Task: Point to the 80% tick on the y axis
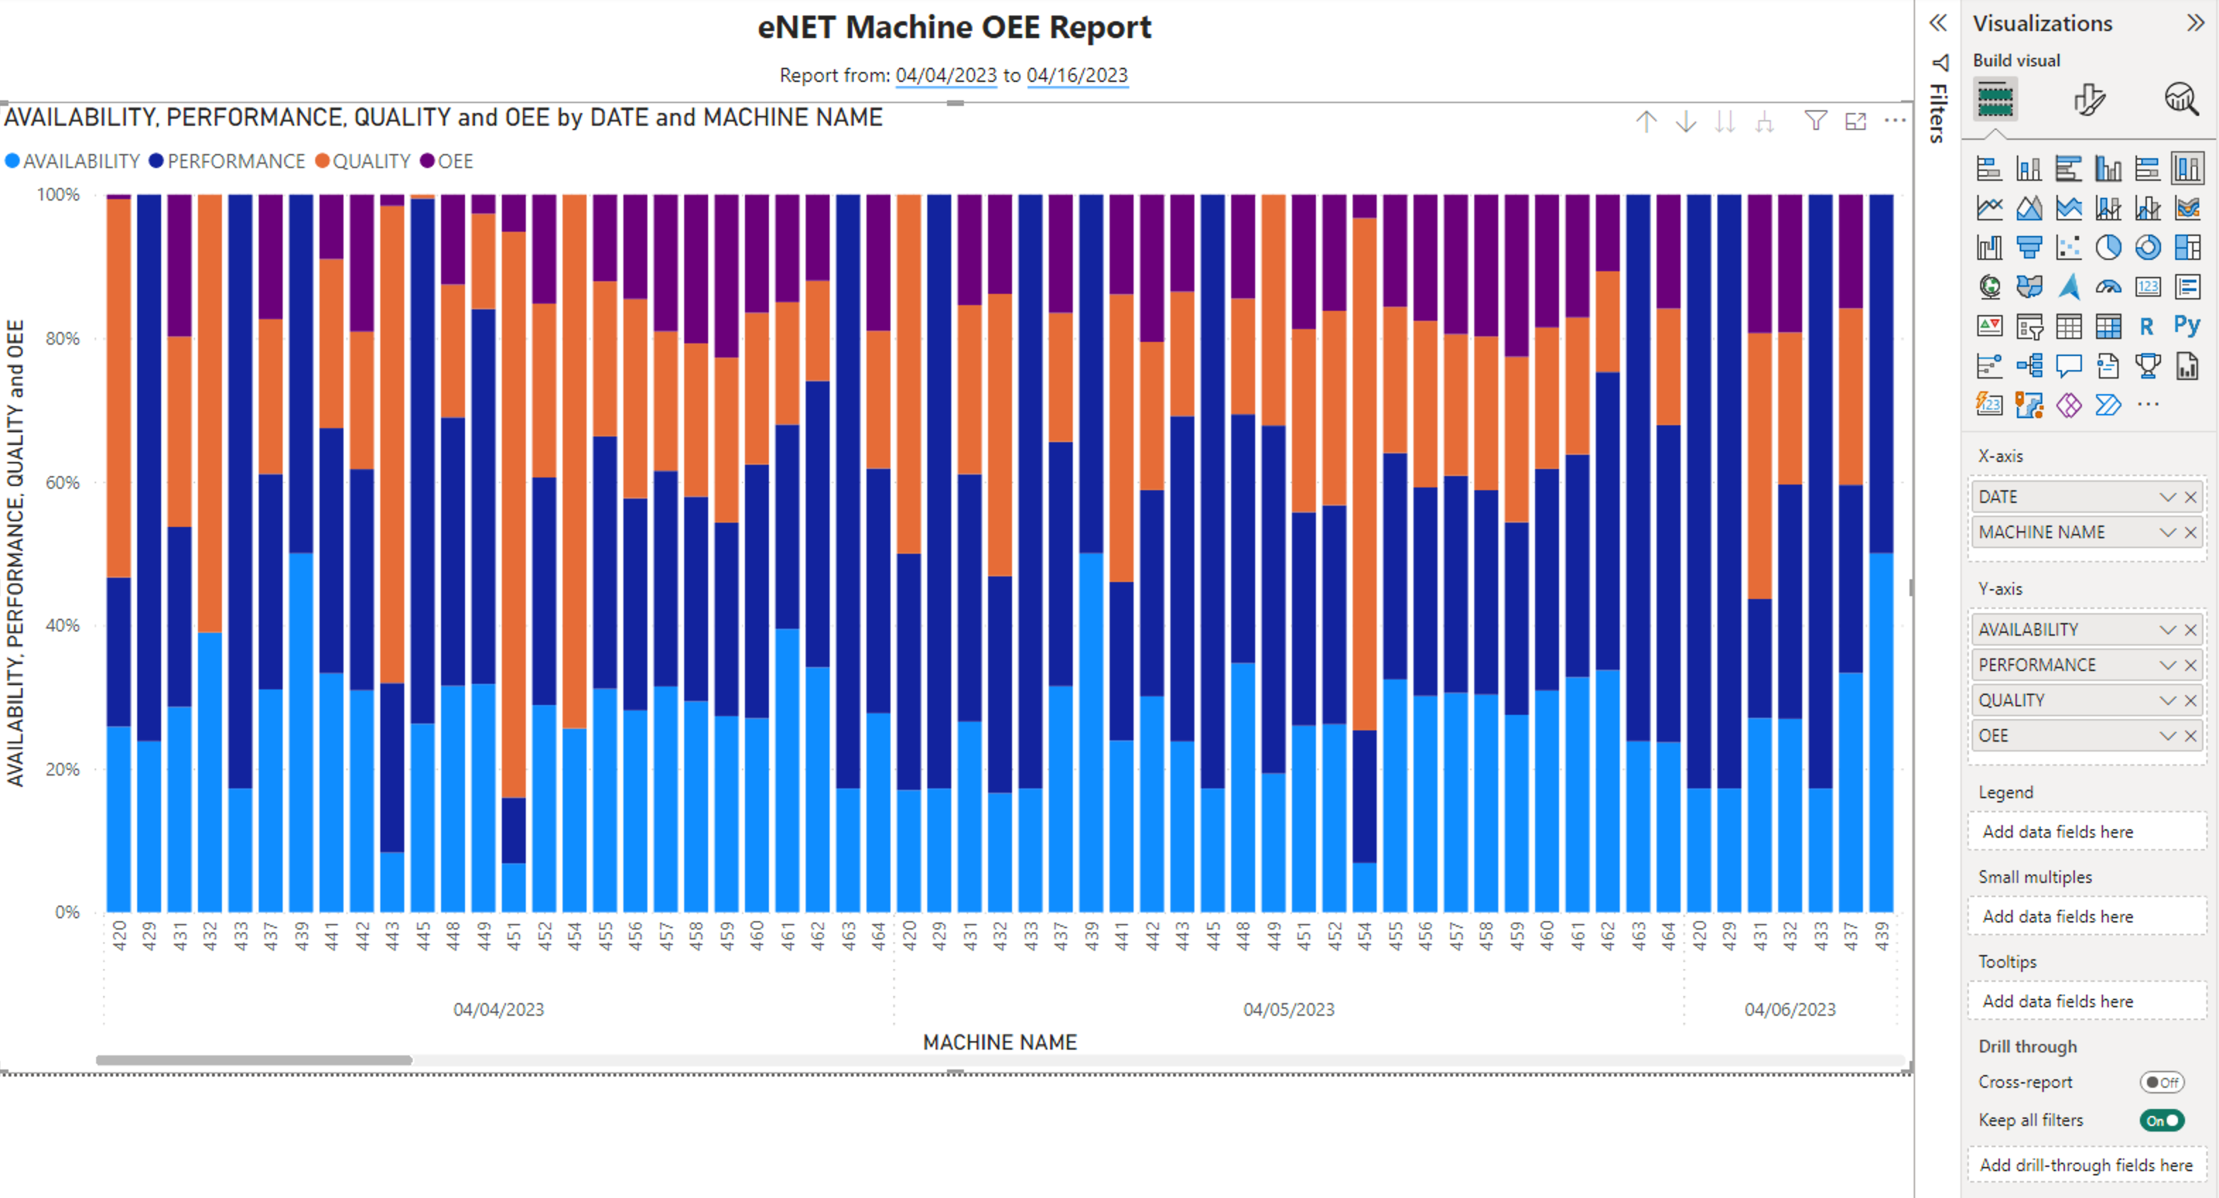[x=62, y=338]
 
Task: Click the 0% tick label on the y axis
[x=67, y=912]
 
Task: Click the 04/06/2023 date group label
[x=1789, y=1009]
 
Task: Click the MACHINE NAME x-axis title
[x=999, y=1042]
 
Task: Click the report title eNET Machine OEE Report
[x=953, y=28]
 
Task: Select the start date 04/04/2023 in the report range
[x=945, y=76]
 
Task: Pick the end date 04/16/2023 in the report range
[x=1077, y=76]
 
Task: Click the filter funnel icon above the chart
[x=1815, y=121]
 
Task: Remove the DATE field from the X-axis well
[x=2191, y=497]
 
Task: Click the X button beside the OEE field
[x=2191, y=735]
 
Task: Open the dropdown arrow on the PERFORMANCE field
[x=2167, y=665]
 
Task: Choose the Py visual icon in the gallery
[x=2186, y=326]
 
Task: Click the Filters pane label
[x=1938, y=112]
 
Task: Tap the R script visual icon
[x=2147, y=326]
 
